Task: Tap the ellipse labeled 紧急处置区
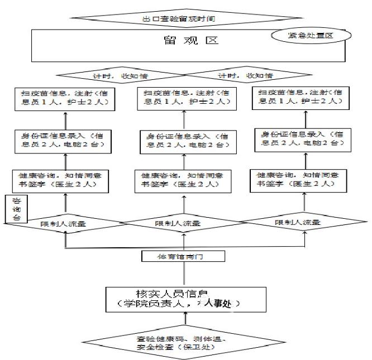pos(311,36)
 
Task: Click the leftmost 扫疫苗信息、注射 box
pos(66,98)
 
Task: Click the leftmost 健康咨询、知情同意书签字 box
pos(66,179)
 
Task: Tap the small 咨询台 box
pos(16,208)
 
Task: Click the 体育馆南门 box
pos(184,257)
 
